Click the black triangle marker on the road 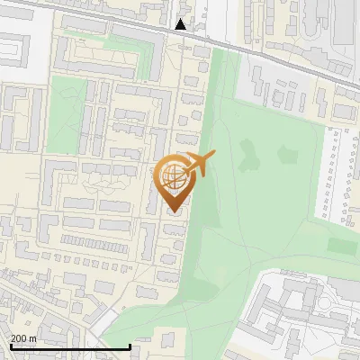pos(181,24)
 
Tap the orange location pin pos(173,180)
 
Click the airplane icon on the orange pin pos(200,164)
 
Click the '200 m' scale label pos(23,338)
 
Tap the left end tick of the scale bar pos(10,346)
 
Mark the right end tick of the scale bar pos(130,346)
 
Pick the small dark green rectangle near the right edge pos(341,245)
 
